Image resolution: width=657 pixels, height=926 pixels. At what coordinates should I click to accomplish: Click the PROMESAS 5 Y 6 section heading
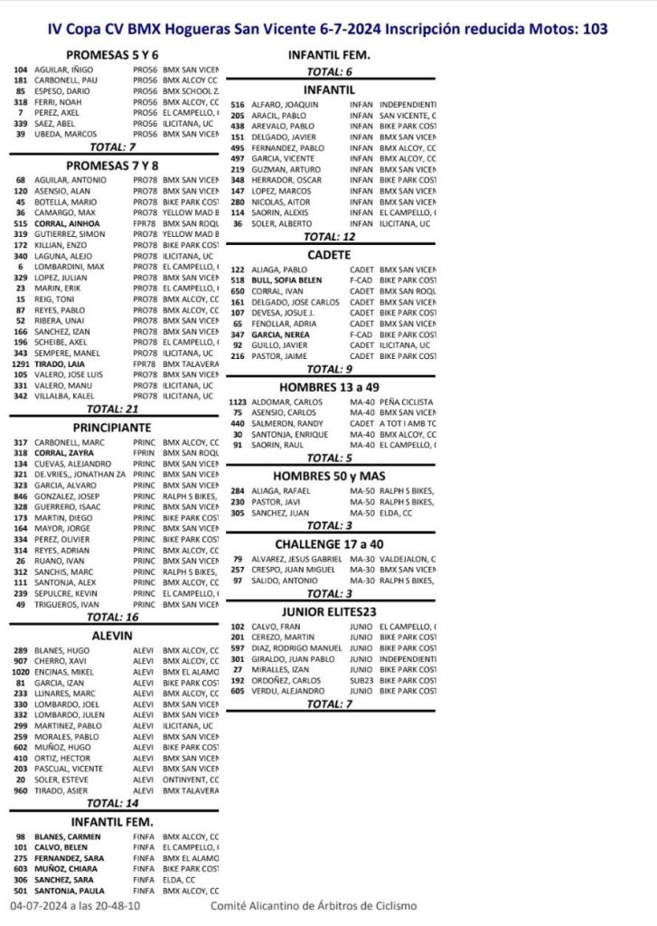pos(113,54)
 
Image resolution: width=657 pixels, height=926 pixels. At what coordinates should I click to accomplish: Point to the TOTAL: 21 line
pos(113,408)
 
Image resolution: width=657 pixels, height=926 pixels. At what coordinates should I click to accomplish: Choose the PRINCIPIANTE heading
pos(113,426)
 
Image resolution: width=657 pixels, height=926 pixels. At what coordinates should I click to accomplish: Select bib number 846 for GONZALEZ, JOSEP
pos(21,496)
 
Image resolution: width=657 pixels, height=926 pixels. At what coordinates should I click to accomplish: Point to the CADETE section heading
pos(329,255)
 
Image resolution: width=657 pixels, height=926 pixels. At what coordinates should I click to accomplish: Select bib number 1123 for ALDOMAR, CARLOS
pos(238,401)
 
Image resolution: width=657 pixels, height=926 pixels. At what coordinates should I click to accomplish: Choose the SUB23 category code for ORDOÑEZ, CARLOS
pos(361,680)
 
